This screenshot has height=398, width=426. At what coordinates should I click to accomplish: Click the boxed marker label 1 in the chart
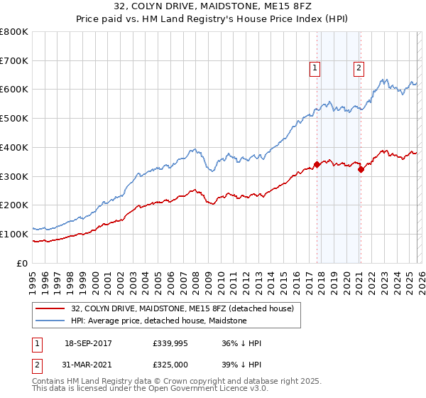click(314, 68)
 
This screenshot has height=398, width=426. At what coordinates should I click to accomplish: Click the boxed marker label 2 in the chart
click(359, 68)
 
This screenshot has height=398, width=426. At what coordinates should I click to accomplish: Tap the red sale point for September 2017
click(317, 164)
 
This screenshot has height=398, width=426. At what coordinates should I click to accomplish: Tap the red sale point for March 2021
click(361, 168)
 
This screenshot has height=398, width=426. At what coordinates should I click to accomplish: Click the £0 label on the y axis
click(23, 263)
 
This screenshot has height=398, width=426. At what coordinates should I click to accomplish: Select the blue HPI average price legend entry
click(158, 321)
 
